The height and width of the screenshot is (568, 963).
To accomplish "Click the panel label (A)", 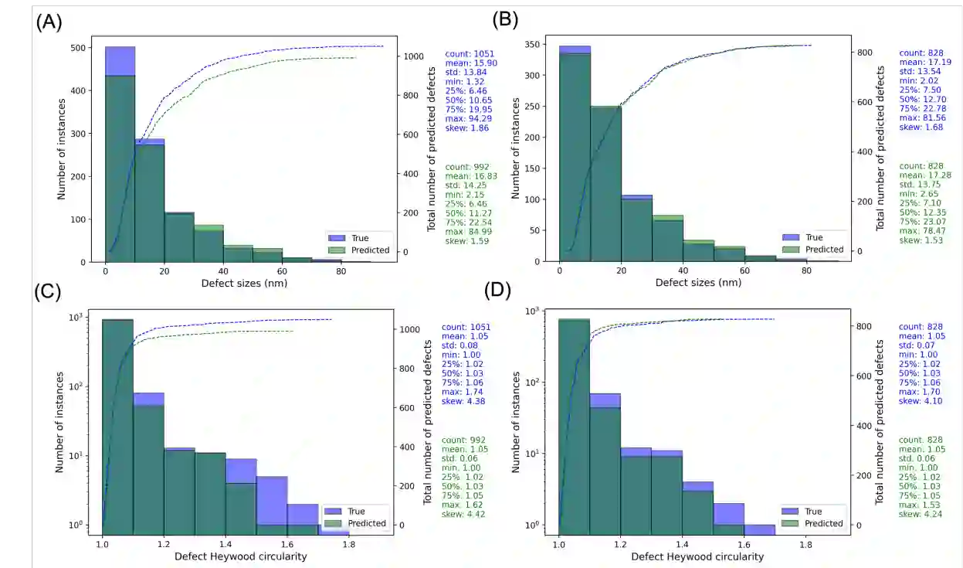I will pos(49,22).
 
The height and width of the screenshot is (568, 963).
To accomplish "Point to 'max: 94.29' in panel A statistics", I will pos(466,118).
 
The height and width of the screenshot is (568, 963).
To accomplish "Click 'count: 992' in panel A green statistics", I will pos(466,166).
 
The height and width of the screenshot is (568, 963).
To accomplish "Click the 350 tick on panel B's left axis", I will pos(531,45).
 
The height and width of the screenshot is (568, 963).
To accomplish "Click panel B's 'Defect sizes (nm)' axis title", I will pos(698,283).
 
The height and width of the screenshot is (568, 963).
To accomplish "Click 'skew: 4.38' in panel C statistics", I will pos(465,401).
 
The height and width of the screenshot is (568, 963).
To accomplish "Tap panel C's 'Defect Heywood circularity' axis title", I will pos(241,556).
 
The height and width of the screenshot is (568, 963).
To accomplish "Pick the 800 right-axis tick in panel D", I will pos(867,326).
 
